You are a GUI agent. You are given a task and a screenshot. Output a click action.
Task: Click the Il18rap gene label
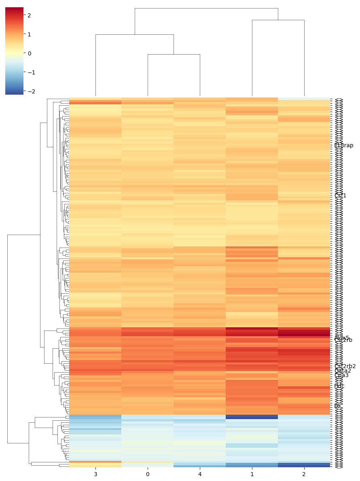click(x=344, y=145)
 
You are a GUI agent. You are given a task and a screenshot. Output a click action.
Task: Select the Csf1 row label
click(x=341, y=195)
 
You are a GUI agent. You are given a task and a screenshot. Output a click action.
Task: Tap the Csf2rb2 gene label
click(x=345, y=366)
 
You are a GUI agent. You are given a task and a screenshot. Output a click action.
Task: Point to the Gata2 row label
click(x=343, y=371)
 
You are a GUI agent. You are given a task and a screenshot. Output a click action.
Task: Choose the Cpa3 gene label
click(x=341, y=375)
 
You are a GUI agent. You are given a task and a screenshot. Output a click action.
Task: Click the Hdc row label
click(x=339, y=386)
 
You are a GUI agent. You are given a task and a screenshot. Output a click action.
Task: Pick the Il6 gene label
click(x=337, y=406)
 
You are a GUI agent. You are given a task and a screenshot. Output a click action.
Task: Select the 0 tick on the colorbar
click(x=29, y=53)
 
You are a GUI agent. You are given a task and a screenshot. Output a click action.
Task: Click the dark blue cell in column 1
click(x=252, y=417)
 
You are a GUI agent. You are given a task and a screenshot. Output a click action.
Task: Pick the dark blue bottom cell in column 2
click(x=304, y=465)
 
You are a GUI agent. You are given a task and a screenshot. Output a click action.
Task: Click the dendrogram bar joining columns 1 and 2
click(x=278, y=20)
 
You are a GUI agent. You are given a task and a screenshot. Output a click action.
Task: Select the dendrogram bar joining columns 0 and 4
click(x=174, y=54)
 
